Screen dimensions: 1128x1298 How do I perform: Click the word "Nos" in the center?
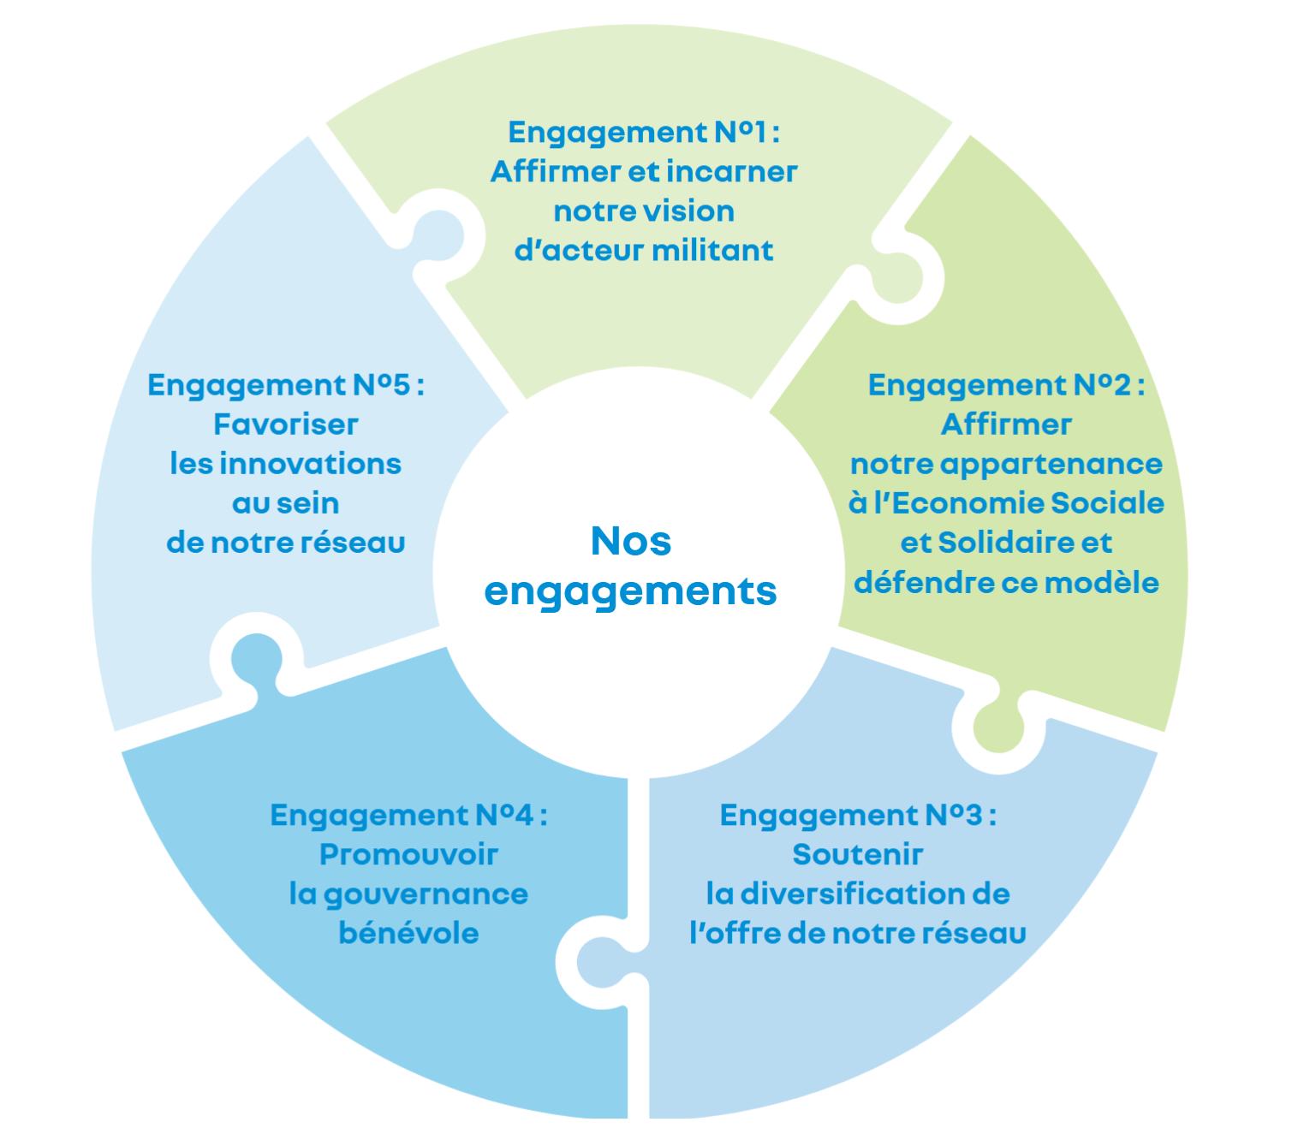631,542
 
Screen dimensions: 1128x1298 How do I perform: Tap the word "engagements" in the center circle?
631,591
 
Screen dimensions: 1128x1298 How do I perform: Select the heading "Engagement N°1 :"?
644,133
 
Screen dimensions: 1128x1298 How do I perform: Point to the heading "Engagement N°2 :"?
1006,385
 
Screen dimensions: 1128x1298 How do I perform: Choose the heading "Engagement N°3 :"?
858,815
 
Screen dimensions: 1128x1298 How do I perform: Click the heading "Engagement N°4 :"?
408,815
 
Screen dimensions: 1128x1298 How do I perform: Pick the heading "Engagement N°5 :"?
286,385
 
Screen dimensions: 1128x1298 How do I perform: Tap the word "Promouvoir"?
408,854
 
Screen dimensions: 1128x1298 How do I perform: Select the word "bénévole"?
408,933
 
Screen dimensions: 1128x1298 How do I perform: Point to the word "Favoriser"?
286,424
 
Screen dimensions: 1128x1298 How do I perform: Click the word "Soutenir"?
858,854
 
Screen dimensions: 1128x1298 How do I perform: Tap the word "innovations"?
311,464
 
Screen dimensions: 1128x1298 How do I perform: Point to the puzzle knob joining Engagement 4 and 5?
256,659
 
